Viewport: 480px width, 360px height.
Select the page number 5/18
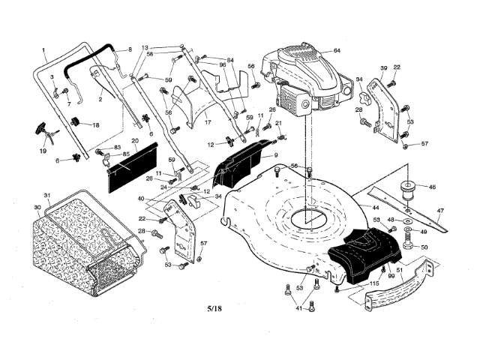[214, 308]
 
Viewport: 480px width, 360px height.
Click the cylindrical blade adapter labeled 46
[409, 187]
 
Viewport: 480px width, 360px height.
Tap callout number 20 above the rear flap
[134, 140]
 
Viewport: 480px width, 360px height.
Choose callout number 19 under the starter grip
[43, 151]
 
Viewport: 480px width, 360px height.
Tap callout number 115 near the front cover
[373, 283]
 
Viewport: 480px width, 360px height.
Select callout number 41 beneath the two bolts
[299, 307]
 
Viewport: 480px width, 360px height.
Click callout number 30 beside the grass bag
[37, 208]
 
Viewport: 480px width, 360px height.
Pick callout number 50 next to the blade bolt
[424, 247]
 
